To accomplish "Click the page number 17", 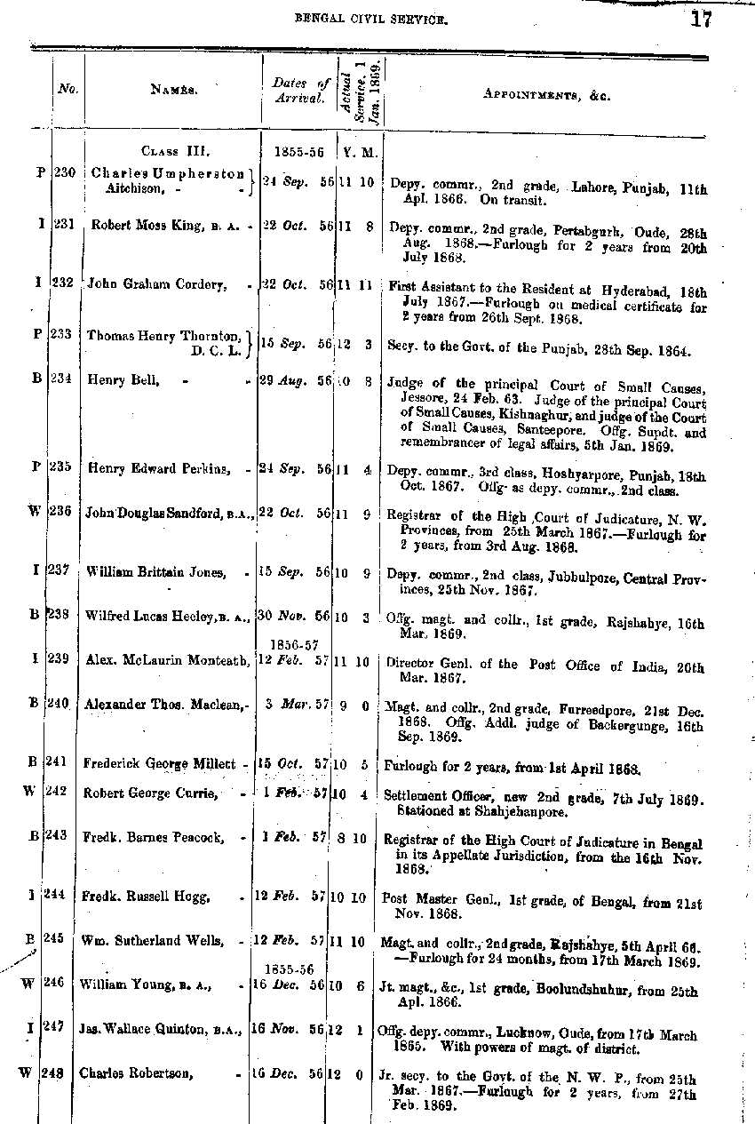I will pos(700,19).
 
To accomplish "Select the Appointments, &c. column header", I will pos(546,94).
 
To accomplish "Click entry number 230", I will pos(64,172).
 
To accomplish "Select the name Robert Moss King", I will pos(147,226).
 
